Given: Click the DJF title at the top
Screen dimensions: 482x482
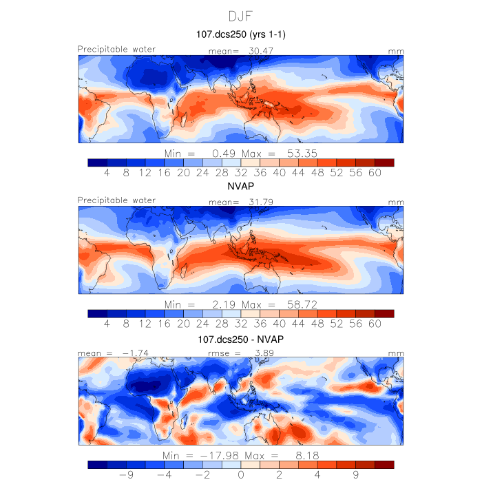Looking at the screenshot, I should (x=240, y=15).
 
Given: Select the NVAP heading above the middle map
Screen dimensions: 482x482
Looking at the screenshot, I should (x=240, y=187).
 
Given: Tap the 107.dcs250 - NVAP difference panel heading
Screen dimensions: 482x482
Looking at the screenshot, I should (x=240, y=340).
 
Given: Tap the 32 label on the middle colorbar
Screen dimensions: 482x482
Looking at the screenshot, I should (x=240, y=325).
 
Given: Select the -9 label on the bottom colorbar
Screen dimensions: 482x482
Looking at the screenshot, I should (x=125, y=475).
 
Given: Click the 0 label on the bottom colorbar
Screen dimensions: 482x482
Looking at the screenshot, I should (x=241, y=475).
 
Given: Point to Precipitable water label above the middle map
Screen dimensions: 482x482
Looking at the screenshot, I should (x=116, y=200).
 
